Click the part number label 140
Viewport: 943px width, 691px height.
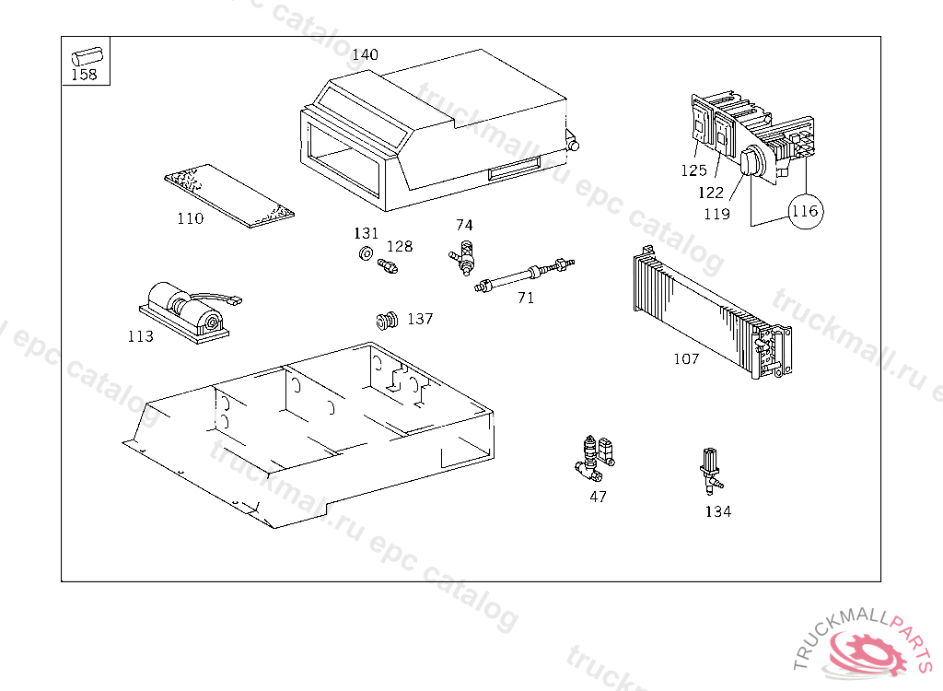[365, 54]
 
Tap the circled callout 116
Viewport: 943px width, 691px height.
[805, 211]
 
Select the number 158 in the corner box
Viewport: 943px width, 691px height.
[84, 75]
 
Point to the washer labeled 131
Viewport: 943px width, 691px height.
[365, 253]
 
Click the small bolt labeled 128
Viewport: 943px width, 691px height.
[388, 265]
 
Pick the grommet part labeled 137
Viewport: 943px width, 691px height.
[387, 321]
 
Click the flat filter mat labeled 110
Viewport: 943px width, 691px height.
[229, 196]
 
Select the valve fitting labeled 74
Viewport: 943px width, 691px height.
[464, 258]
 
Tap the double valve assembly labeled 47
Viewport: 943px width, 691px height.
[595, 459]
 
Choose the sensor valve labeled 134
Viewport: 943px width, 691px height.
[711, 470]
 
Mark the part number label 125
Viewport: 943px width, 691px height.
[693, 170]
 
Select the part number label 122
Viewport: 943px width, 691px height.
[711, 193]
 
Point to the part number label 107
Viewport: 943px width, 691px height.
[686, 359]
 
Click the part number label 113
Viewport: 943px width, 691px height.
[141, 336]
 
